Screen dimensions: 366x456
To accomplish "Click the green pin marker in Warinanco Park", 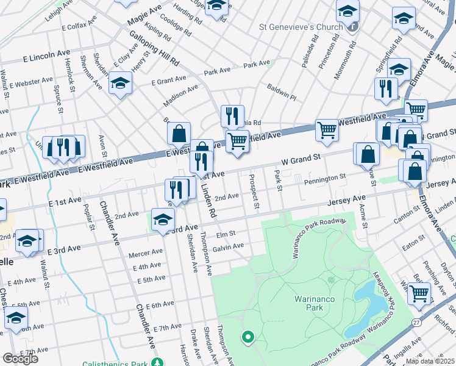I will (248, 336).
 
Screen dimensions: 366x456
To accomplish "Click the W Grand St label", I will (301, 159).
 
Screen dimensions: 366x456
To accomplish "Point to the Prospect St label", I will (254, 191).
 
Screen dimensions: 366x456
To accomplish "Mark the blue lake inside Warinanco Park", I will (365, 308).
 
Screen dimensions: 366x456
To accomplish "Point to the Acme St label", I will (364, 215).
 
